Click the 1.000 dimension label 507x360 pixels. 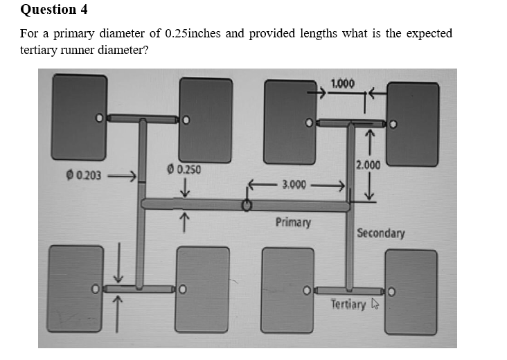(x=343, y=84)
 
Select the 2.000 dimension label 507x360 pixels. (x=368, y=165)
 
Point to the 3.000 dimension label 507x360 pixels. (x=294, y=185)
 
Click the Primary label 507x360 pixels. (x=293, y=222)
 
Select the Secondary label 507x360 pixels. (x=380, y=233)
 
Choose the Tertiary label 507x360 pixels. (x=348, y=304)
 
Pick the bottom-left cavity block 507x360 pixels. (x=77, y=287)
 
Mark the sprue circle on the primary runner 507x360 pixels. (x=246, y=206)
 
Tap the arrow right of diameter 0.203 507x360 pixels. (x=123, y=175)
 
